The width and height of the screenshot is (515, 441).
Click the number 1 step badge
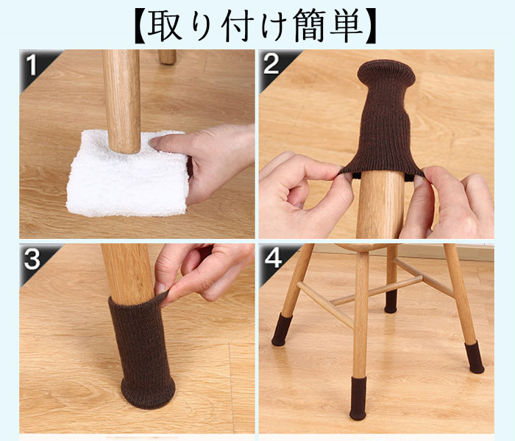[32, 65]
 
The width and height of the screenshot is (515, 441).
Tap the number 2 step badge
[271, 64]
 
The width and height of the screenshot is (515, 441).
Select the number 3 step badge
[32, 259]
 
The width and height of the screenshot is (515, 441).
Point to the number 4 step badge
[273, 258]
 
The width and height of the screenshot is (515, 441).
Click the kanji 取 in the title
[164, 25]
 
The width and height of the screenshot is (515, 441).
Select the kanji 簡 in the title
[310, 25]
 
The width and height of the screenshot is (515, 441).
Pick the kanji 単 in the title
[347, 25]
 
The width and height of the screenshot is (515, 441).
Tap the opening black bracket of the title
[141, 26]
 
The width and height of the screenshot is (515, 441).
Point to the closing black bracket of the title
[370, 26]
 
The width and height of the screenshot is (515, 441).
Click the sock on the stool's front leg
[358, 398]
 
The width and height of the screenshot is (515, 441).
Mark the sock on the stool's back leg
[391, 301]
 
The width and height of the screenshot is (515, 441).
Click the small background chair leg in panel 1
[167, 57]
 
